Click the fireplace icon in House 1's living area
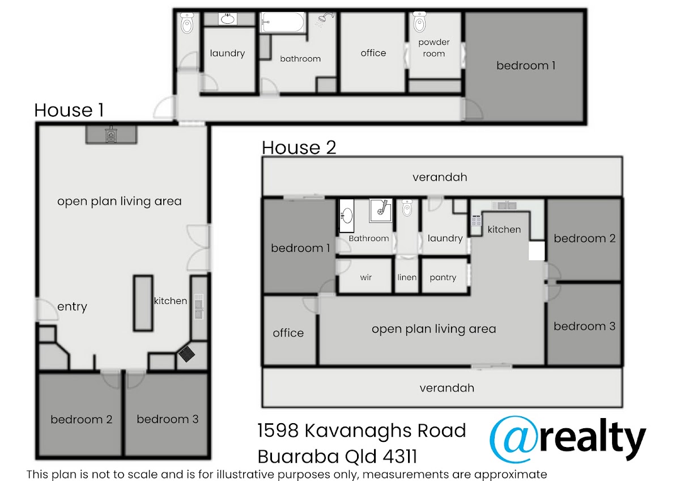111,134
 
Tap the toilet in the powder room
419,22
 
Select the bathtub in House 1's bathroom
283,22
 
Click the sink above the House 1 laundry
228,19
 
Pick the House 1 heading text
69,110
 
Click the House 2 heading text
299,147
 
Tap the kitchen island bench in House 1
143,303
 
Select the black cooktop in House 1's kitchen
186,354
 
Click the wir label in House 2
366,277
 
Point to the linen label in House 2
407,277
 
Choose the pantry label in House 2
443,277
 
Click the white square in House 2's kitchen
537,251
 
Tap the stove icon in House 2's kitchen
476,220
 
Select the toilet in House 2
407,208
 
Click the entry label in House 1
73,307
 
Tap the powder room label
434,48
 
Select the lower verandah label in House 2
447,388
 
